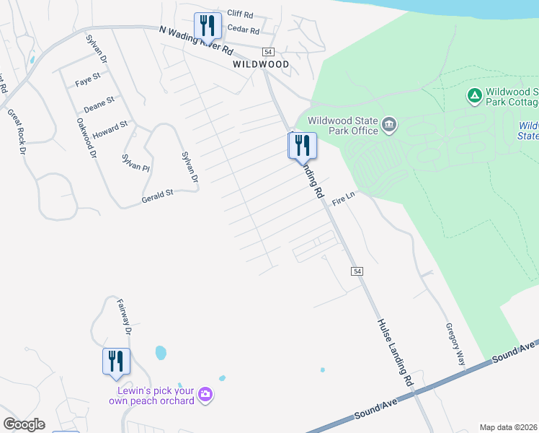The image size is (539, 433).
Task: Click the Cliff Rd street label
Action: pyautogui.click(x=240, y=14)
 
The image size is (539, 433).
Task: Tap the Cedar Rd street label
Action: pyautogui.click(x=243, y=30)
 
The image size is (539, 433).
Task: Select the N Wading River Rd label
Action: pyautogui.click(x=196, y=40)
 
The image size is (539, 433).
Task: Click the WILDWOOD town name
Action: pyautogui.click(x=261, y=64)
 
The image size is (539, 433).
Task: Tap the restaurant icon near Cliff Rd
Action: pyautogui.click(x=208, y=26)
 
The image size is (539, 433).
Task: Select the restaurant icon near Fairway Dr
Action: pyautogui.click(x=116, y=361)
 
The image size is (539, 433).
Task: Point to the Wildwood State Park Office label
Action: pyautogui.click(x=343, y=126)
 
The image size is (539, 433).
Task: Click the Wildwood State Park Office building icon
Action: pyautogui.click(x=389, y=126)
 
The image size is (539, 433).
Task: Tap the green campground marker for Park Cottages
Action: pyautogui.click(x=474, y=95)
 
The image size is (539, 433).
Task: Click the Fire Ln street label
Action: pyautogui.click(x=344, y=199)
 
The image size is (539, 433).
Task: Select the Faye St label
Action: pyautogui.click(x=87, y=84)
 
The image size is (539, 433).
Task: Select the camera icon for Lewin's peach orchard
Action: pyautogui.click(x=206, y=394)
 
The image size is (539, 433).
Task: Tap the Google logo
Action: pyautogui.click(x=24, y=424)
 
